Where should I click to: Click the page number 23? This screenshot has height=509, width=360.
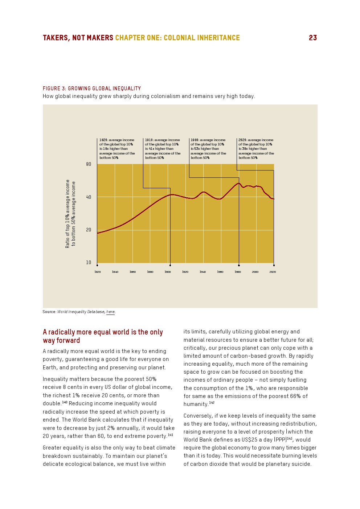(313, 38)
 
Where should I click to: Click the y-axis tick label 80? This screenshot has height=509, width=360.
(89, 164)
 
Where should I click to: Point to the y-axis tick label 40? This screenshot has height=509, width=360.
(89, 197)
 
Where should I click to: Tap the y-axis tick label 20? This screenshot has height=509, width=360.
(89, 230)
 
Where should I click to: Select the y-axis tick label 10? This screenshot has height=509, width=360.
(89, 262)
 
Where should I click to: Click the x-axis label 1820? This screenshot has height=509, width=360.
(98, 272)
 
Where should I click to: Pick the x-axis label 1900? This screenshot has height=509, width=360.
(168, 272)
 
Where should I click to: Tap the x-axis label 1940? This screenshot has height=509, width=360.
(202, 272)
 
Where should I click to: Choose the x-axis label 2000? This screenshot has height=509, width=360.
(255, 272)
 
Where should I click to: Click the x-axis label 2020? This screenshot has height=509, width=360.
(273, 272)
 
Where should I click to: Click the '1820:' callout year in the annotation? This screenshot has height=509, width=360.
(103, 140)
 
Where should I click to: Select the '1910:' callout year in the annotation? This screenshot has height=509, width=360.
(149, 140)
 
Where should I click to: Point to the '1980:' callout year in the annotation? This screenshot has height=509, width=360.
(195, 140)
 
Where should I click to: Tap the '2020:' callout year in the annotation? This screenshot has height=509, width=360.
(243, 140)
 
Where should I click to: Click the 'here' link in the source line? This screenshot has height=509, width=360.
(110, 312)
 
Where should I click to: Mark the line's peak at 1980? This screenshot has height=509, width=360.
(238, 183)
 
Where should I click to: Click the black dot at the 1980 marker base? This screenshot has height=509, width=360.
(239, 265)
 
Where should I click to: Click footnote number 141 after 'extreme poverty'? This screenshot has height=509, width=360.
(171, 435)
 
